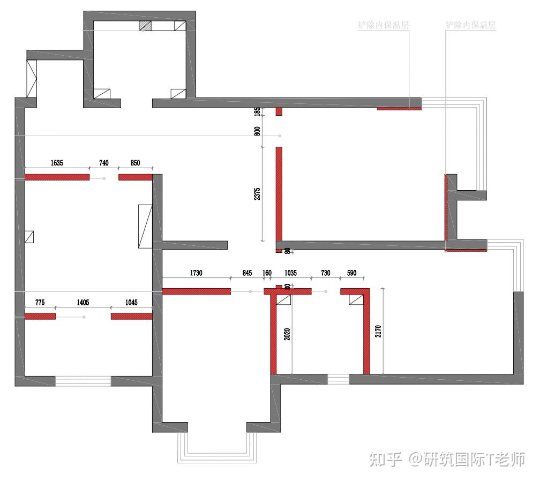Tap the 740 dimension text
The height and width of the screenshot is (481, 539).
[x=103, y=163]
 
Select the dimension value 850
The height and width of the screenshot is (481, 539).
[x=135, y=163]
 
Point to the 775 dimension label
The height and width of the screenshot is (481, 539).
[x=40, y=303]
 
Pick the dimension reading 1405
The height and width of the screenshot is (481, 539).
[x=83, y=303]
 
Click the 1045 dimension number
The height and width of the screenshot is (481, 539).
[x=131, y=303]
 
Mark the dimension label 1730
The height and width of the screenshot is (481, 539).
[x=196, y=273]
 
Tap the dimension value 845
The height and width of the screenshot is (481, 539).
[x=247, y=273]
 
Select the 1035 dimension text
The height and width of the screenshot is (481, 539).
[x=291, y=273]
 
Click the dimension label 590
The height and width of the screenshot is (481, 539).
[x=351, y=273]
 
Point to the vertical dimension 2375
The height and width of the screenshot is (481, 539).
[x=257, y=194]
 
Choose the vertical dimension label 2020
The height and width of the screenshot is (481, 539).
[x=287, y=334]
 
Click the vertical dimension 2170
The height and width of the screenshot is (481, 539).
[x=378, y=331]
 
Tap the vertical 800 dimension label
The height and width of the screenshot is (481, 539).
[x=257, y=130]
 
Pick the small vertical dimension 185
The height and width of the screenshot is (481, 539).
[x=257, y=112]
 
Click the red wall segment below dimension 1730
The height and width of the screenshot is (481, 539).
[x=196, y=291]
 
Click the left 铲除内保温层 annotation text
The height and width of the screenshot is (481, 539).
[x=384, y=25]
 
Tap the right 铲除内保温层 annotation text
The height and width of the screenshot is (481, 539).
[x=470, y=25]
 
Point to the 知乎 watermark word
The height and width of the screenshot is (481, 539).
[x=385, y=459]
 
